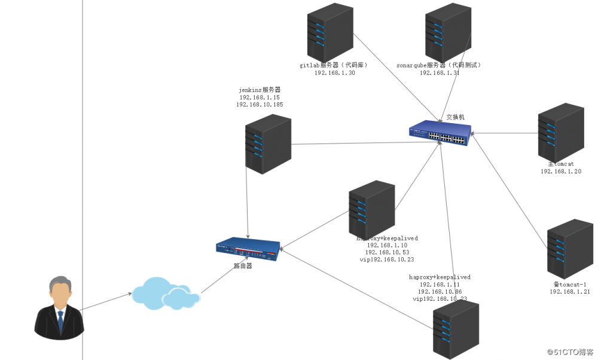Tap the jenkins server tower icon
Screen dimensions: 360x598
pos(269,144)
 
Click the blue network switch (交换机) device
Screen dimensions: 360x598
pos(440,134)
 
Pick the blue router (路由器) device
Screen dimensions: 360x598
pos(248,249)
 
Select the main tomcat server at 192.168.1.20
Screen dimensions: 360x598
pos(560,132)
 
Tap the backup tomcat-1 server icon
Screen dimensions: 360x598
pos(570,248)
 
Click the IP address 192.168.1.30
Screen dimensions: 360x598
pos(335,73)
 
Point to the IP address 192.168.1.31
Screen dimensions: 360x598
pos(440,73)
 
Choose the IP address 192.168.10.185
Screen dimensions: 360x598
pos(260,105)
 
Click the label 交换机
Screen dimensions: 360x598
pos(456,117)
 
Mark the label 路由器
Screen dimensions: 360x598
pos(242,266)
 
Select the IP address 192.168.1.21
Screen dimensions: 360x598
pos(570,292)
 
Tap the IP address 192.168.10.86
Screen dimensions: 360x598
pos(439,292)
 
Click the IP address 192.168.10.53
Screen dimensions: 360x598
pos(386,252)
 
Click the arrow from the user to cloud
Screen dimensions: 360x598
pos(106,301)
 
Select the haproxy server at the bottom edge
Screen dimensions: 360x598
pos(456,328)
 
